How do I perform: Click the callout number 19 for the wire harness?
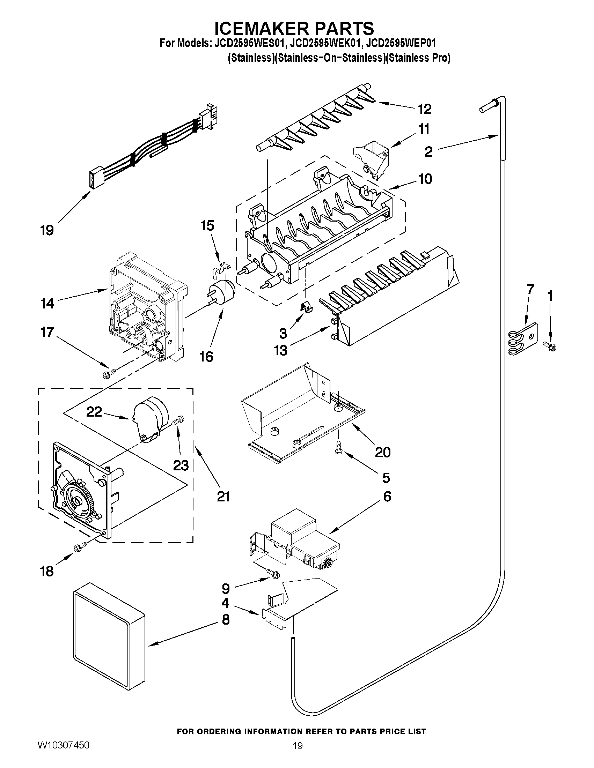(x=47, y=231)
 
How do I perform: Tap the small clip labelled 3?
(x=306, y=307)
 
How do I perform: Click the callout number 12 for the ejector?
(x=425, y=109)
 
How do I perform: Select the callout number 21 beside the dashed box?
(x=223, y=497)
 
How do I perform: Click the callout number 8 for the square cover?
(x=226, y=620)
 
